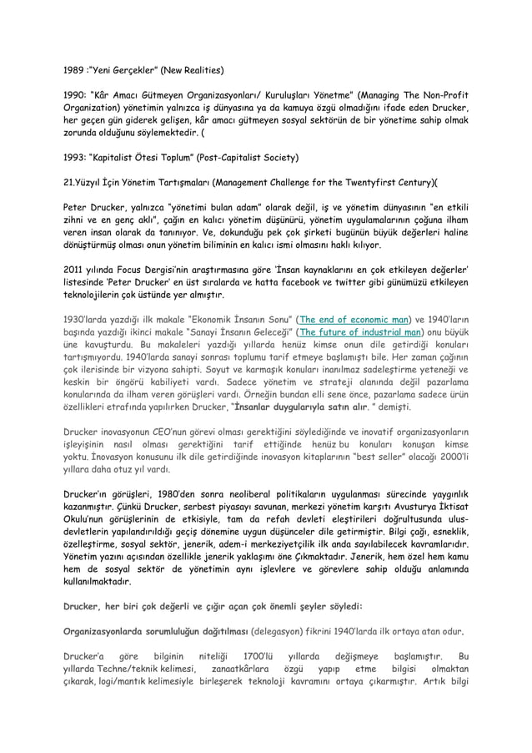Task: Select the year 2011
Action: point(77,270)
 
